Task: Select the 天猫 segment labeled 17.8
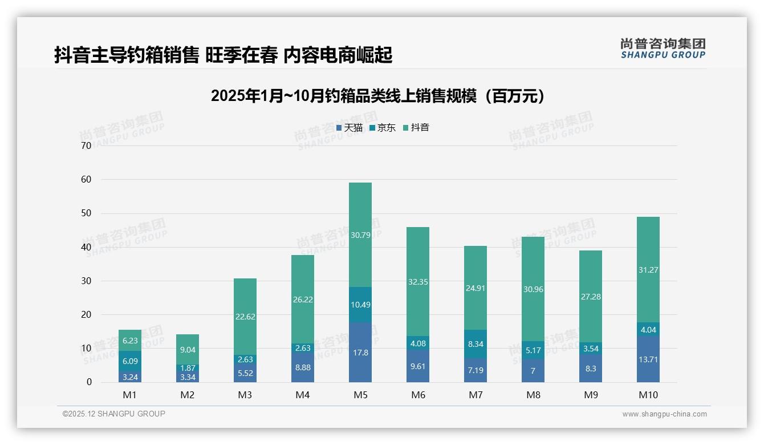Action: pyautogui.click(x=360, y=353)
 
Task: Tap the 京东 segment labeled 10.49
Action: pyautogui.click(x=360, y=305)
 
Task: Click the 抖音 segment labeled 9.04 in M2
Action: pyautogui.click(x=187, y=350)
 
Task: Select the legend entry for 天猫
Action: pyautogui.click(x=349, y=128)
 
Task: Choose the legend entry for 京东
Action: pyautogui.click(x=383, y=128)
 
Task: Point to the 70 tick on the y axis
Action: pyautogui.click(x=86, y=145)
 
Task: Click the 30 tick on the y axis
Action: pyautogui.click(x=86, y=281)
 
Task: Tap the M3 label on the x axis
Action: pyautogui.click(x=245, y=395)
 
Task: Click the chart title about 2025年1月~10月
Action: pyautogui.click(x=377, y=96)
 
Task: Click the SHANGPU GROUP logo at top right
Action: pyautogui.click(x=663, y=48)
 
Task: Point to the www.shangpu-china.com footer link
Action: pyautogui.click(x=664, y=414)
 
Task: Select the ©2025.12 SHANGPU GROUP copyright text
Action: pyautogui.click(x=114, y=414)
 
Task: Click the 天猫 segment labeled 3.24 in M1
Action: pyautogui.click(x=129, y=377)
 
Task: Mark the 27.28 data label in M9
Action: pyautogui.click(x=590, y=297)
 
